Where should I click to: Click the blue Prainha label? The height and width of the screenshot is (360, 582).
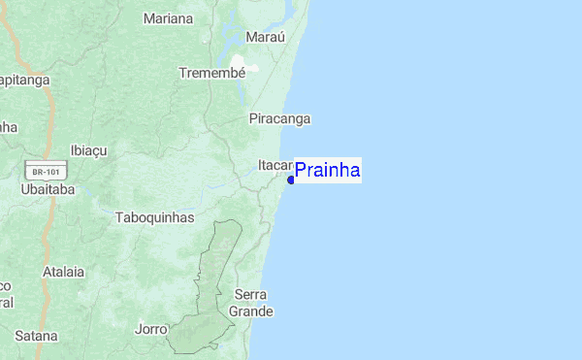pos(328,171)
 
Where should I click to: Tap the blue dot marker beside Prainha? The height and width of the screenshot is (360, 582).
pos(291,180)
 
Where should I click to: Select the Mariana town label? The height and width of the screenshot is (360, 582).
pos(168,18)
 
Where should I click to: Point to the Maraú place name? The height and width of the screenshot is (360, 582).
pos(266,38)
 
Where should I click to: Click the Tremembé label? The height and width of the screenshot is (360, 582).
pos(211,73)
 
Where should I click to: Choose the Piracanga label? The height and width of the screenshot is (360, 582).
pos(279,118)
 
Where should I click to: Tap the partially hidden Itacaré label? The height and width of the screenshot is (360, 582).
pos(275,165)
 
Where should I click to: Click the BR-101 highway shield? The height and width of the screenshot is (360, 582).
pos(46,172)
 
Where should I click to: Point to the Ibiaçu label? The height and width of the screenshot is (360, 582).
pos(93,150)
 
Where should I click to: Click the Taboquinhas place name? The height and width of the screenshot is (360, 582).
pos(154,217)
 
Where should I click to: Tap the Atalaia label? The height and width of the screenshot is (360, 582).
pos(64,273)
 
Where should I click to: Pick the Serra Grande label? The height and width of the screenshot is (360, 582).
pos(251,303)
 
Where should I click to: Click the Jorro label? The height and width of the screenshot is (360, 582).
pos(150,328)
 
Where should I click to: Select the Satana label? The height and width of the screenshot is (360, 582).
pos(35,336)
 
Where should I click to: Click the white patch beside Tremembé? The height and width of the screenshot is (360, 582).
pos(250,68)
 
